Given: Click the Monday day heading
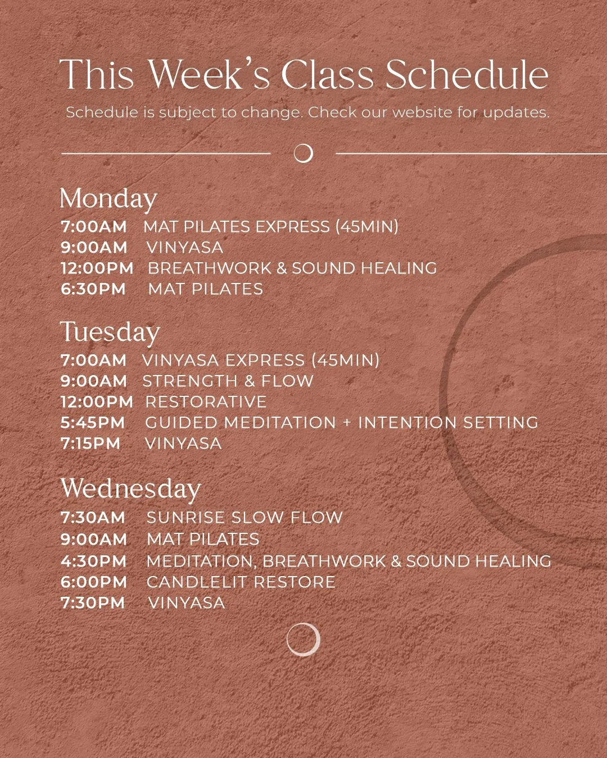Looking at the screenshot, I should click(108, 199).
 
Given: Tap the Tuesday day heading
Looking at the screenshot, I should click(110, 332).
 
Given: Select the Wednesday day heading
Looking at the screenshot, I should click(130, 488).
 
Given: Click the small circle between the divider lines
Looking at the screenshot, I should click(303, 153).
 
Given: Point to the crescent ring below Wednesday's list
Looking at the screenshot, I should click(303, 639).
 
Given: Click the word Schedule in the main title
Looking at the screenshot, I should click(466, 75).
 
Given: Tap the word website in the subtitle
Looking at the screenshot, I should click(422, 112).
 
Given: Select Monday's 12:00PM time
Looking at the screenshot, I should click(97, 268).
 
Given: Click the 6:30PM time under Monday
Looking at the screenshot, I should click(93, 289).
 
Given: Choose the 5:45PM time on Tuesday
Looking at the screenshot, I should click(93, 423).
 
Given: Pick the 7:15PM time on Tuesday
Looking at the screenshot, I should click(90, 444).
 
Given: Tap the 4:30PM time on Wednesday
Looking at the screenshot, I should click(93, 561).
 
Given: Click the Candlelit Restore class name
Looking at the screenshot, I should click(241, 582).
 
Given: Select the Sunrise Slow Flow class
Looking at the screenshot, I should click(244, 518).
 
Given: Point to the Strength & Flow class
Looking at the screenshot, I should click(228, 381).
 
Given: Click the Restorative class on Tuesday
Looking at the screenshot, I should click(206, 402).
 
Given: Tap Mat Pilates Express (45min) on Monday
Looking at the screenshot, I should click(271, 227).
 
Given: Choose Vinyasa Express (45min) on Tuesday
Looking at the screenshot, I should click(261, 360).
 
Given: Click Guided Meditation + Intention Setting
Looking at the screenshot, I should click(342, 423).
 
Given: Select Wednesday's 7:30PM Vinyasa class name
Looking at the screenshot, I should click(186, 603).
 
